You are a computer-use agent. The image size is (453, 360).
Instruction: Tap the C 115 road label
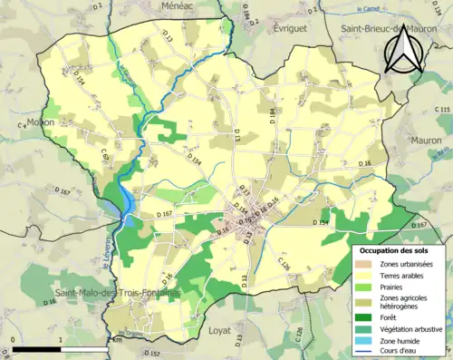(x=443, y=110)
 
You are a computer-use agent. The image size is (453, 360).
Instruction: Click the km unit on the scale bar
(x=116, y=340)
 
